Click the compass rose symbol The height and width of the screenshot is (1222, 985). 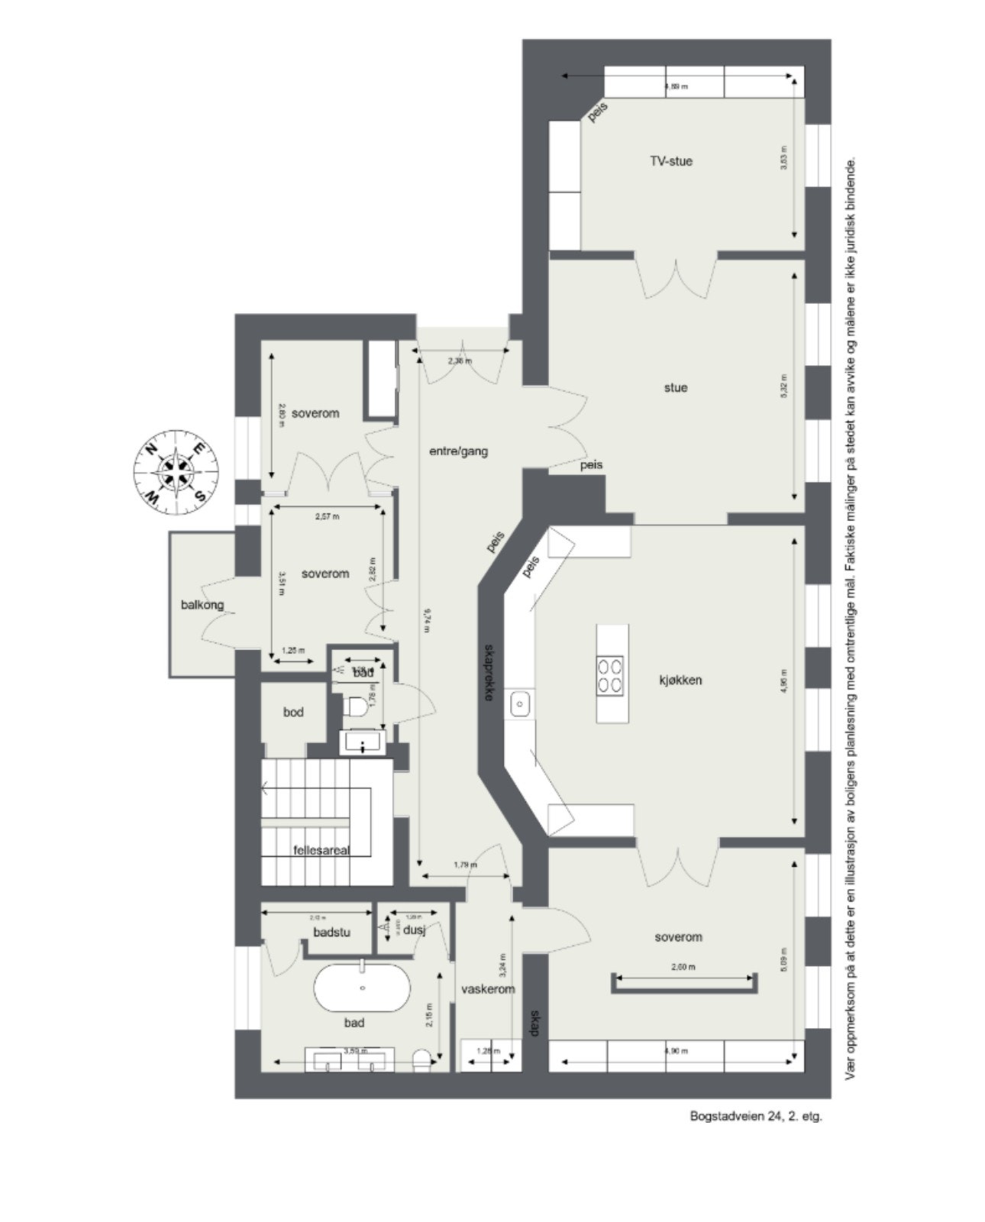tap(176, 471)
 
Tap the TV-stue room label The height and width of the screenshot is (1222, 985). tap(671, 161)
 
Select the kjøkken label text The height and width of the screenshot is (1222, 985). tap(680, 680)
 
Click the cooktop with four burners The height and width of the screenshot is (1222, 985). tap(611, 675)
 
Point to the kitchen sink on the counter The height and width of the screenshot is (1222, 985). tap(520, 702)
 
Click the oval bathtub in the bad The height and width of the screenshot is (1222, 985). tap(362, 988)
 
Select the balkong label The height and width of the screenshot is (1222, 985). tap(202, 605)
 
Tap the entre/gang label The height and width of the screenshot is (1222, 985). tap(458, 451)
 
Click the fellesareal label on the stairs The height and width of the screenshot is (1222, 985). tap(321, 850)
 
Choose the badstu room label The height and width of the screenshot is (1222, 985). tap(331, 932)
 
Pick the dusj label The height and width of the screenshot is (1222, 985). tap(415, 930)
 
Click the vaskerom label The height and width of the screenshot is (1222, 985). tap(488, 989)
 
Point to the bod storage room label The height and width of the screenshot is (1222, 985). tap(293, 712)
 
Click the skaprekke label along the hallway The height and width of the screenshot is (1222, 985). tap(489, 672)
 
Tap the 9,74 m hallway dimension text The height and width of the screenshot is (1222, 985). tap(426, 619)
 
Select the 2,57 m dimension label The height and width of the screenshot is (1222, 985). tap(327, 516)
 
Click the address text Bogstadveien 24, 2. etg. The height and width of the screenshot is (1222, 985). tap(756, 1116)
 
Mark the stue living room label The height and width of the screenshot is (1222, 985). tap(676, 387)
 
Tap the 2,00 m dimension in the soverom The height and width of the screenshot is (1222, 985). tap(683, 967)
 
